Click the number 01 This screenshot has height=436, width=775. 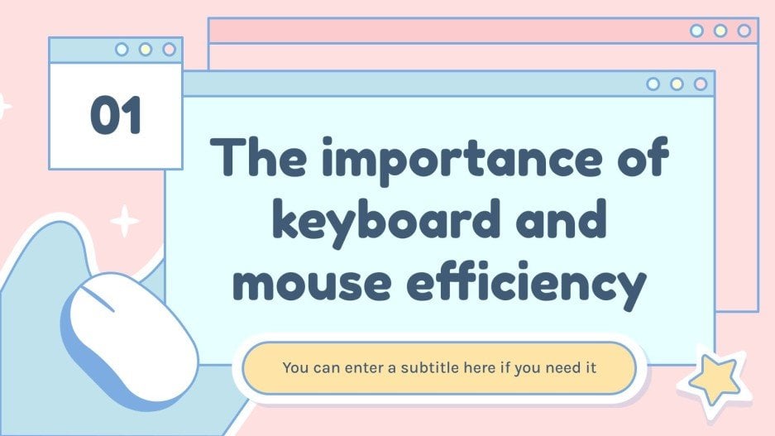[116, 116]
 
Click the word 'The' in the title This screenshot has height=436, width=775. [255, 157]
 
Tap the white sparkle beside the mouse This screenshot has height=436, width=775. [126, 222]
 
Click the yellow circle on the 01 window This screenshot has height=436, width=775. [146, 50]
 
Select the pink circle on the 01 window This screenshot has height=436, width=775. [169, 50]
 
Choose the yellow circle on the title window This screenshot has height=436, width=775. [677, 84]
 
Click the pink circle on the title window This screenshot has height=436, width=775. [701, 84]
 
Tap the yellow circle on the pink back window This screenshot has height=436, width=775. [720, 31]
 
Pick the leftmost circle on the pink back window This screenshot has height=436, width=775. [696, 31]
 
